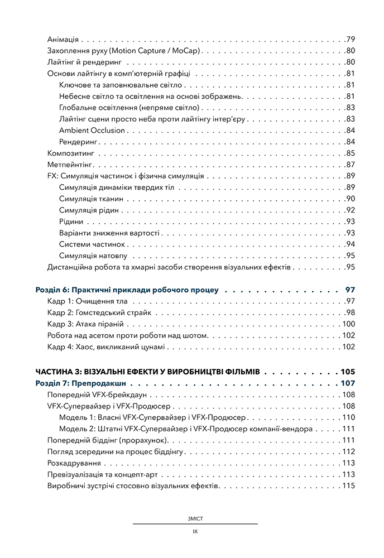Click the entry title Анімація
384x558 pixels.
click(x=63, y=39)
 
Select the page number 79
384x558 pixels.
click(x=351, y=39)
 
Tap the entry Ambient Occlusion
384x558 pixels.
click(x=92, y=130)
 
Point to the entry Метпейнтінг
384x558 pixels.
click(x=70, y=165)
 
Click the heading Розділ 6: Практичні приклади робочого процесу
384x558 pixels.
click(x=127, y=290)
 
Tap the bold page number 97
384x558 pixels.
click(x=351, y=290)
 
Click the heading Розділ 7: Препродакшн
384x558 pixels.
click(x=79, y=383)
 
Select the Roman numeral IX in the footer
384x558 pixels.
click(x=195, y=531)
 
